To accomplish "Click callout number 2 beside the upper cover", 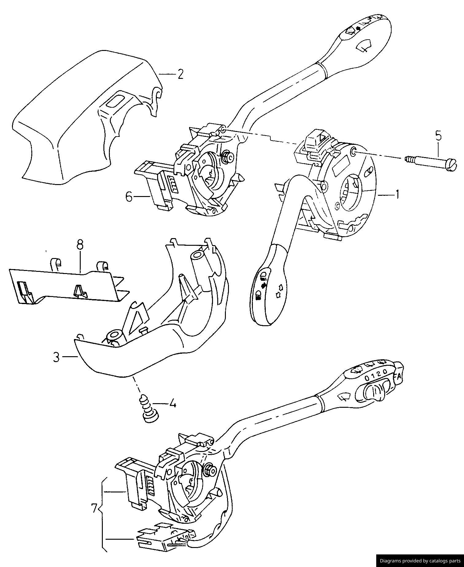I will point(180,74).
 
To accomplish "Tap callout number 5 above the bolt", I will point(438,135).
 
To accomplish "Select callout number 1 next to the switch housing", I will point(397,194).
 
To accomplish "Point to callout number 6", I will point(129,197).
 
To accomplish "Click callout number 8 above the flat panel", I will point(80,245).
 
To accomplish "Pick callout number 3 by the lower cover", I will point(56,357).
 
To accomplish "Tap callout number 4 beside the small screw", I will point(172,404).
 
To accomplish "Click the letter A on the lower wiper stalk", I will point(398,377).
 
